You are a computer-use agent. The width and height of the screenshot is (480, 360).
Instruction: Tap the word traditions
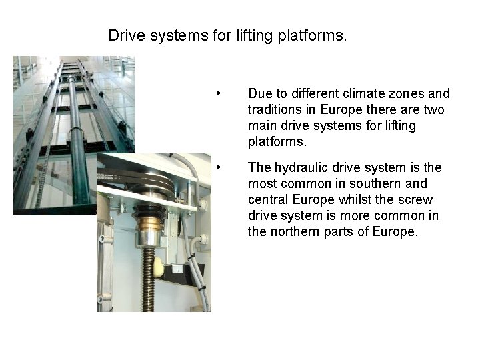(x=274, y=109)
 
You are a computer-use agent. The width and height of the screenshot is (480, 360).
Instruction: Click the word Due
(x=259, y=93)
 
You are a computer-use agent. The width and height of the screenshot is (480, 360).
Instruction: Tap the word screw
(x=417, y=199)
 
